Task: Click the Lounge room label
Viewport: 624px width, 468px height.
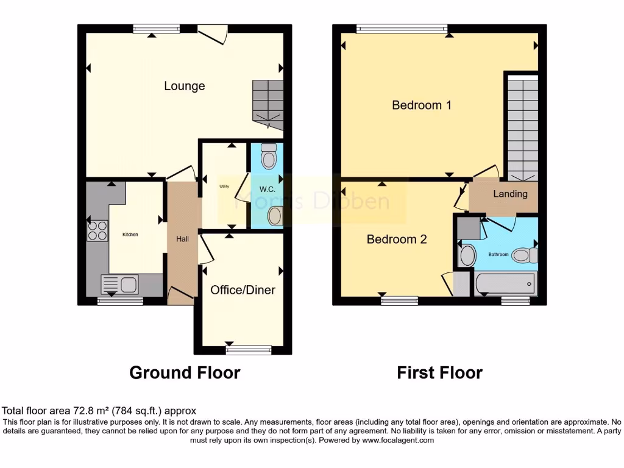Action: (184, 86)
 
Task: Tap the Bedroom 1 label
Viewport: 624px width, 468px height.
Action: (422, 105)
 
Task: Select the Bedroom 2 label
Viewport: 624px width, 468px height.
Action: (396, 239)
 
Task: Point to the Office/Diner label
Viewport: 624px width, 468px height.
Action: (243, 290)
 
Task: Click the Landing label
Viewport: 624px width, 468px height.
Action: (510, 194)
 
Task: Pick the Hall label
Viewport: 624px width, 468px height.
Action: (182, 239)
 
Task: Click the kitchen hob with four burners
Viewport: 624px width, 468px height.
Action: (97, 230)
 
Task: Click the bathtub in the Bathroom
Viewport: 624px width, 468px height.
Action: (505, 283)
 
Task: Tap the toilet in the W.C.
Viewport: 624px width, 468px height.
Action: (268, 157)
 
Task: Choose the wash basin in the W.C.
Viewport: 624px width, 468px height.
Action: (275, 215)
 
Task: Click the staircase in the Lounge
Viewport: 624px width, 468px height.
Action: (268, 104)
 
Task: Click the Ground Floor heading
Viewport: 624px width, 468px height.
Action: (185, 372)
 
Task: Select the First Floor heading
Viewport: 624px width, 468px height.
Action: (439, 372)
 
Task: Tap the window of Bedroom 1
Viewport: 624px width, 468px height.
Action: (402, 27)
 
